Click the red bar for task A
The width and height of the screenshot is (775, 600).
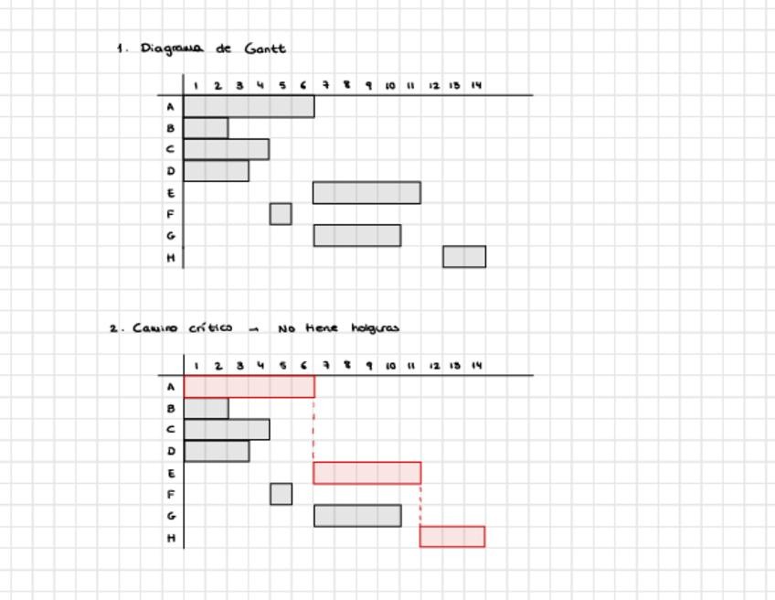[249, 387]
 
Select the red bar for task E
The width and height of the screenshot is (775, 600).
[366, 473]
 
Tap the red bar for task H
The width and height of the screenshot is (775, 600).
[452, 536]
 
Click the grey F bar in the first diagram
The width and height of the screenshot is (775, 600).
[281, 214]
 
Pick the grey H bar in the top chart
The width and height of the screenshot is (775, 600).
[464, 257]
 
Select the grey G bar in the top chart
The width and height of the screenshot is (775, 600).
[357, 235]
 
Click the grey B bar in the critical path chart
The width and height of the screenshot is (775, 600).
[207, 408]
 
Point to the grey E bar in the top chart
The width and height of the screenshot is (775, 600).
[366, 192]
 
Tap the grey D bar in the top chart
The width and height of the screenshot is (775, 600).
[217, 171]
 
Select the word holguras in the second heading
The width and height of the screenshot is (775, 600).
[375, 327]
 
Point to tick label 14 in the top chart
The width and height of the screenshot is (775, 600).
[476, 86]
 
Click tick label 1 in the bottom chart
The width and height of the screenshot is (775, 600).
[196, 366]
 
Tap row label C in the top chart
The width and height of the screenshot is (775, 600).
[170, 149]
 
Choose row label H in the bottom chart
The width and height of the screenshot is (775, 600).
[170, 538]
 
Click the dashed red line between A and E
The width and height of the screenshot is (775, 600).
[313, 430]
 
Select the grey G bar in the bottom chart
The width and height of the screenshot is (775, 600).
[357, 516]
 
